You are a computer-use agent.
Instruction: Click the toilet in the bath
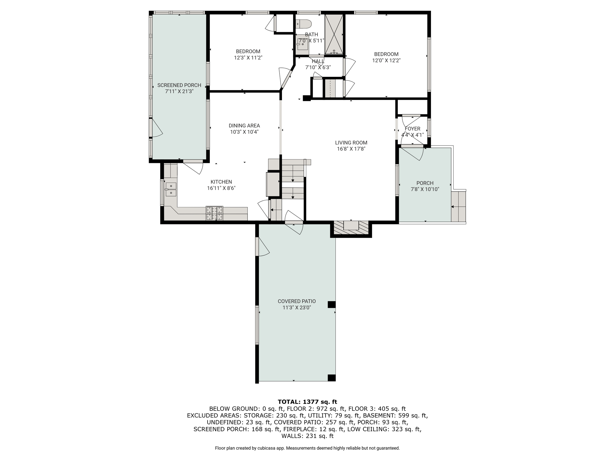coord(304,24)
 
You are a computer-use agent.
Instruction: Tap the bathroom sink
coord(302,44)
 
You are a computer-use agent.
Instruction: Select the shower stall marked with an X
coord(334,34)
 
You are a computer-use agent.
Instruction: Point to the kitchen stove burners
coord(214,213)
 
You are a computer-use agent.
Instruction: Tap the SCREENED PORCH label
coord(179,85)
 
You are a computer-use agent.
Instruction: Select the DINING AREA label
coord(244,126)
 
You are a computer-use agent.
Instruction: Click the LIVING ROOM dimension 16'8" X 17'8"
coord(351,149)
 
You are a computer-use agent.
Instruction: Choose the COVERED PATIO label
coord(297,301)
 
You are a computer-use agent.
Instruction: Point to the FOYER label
coord(412,129)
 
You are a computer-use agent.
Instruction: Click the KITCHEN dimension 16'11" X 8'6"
coord(221,188)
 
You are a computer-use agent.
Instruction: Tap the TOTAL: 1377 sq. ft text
coord(307,402)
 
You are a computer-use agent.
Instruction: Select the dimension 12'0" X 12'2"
coord(386,60)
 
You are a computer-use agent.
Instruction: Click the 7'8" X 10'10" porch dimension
coord(425,189)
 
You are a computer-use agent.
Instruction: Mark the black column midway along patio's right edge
coord(332,304)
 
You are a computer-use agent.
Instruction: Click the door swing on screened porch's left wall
coord(156,128)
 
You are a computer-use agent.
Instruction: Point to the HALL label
coord(318,62)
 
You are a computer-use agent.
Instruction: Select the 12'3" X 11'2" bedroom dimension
coord(248,58)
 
